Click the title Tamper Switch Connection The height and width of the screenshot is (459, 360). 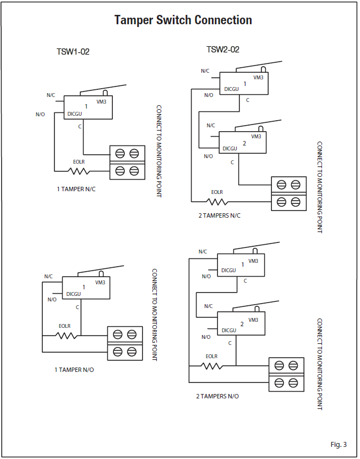click(183, 20)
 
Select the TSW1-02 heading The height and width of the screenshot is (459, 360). click(73, 52)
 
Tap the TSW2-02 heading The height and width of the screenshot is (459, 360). click(222, 50)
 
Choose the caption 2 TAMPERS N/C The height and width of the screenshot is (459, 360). click(219, 215)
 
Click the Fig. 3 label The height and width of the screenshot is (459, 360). click(339, 444)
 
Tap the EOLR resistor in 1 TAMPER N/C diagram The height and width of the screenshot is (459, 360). click(80, 170)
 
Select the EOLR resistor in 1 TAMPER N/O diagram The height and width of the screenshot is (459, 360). click(66, 334)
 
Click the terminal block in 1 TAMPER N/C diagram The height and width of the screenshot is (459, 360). click(127, 162)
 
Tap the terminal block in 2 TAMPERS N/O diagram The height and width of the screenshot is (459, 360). click(286, 374)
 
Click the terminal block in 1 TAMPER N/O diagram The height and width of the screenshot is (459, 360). click(124, 342)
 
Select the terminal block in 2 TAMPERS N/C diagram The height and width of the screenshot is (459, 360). click(289, 193)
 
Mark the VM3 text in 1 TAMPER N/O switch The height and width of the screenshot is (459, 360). click(100, 283)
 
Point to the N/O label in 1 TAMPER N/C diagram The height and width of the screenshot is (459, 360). click(40, 114)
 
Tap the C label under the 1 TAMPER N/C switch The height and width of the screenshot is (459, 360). click(80, 127)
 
